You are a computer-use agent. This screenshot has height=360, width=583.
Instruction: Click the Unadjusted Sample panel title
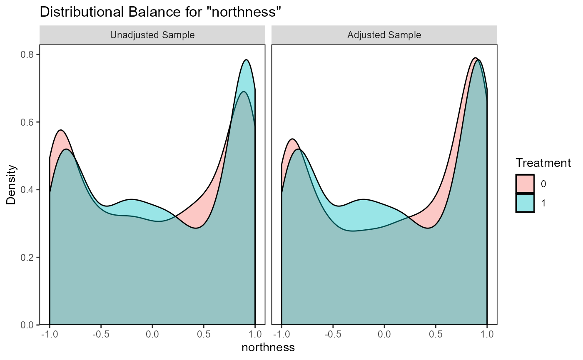pos(152,35)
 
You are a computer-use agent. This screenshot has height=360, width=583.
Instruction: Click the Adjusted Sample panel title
pos(384,35)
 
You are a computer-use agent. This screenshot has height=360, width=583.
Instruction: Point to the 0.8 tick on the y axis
pos(28,55)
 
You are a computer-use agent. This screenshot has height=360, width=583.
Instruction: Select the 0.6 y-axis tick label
pos(28,122)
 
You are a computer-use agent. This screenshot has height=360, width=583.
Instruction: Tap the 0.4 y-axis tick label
pos(28,190)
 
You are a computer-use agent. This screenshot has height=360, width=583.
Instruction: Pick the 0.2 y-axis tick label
pos(28,257)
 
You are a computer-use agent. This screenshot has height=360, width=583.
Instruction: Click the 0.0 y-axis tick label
pos(28,325)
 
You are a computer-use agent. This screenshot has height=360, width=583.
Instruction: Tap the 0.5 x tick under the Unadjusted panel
pos(204,335)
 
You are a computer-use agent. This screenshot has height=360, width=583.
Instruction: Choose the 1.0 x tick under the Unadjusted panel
pos(255,335)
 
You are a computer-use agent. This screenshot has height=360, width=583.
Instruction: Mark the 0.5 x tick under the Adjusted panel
pos(436,335)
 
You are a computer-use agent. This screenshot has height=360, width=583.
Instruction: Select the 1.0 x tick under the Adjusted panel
pos(487,335)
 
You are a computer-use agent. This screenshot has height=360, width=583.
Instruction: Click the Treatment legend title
pos(543,163)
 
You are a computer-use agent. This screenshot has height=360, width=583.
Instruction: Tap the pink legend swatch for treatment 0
pos(525,184)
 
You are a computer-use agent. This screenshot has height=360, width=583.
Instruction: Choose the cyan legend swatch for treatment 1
pos(525,203)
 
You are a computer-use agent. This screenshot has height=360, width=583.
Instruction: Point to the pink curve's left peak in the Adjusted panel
pos(292,139)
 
